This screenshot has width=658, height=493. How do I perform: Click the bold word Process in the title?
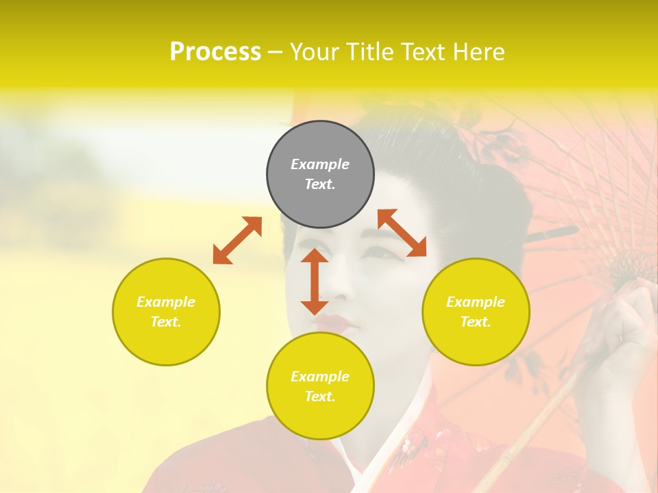(x=215, y=52)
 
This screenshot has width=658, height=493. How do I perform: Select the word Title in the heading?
(x=368, y=52)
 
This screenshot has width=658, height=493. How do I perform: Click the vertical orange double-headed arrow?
(x=315, y=281)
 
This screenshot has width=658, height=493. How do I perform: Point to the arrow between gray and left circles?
(x=237, y=240)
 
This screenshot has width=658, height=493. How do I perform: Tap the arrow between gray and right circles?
(x=402, y=233)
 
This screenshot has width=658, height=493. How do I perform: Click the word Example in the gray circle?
(x=320, y=164)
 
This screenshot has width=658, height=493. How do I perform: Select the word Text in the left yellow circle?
(x=166, y=322)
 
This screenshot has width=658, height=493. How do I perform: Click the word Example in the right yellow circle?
(x=476, y=302)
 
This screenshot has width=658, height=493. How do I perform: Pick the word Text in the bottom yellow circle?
(x=320, y=396)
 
